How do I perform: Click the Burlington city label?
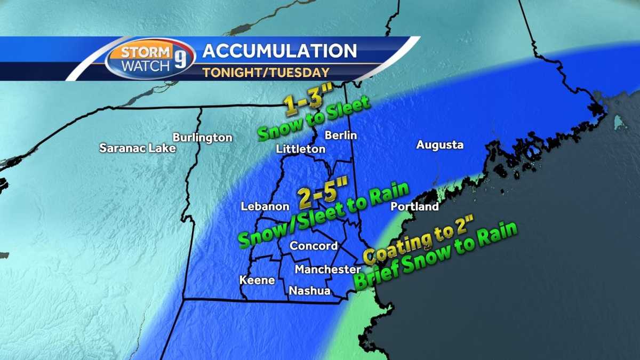(x=203, y=138)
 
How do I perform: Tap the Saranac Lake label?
(x=138, y=148)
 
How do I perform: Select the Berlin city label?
(x=341, y=135)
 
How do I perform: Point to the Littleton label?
(x=300, y=149)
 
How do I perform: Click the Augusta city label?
(x=440, y=145)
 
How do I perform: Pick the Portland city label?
(x=414, y=206)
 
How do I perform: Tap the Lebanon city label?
(x=265, y=206)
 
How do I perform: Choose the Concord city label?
(x=314, y=246)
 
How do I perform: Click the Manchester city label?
(x=327, y=270)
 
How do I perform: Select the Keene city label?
(x=257, y=280)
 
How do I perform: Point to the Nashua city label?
(x=309, y=291)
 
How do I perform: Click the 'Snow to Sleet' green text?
(x=314, y=118)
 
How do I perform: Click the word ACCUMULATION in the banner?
(x=279, y=51)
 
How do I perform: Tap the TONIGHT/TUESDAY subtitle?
(x=266, y=72)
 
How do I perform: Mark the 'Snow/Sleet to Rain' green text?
(x=324, y=215)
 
